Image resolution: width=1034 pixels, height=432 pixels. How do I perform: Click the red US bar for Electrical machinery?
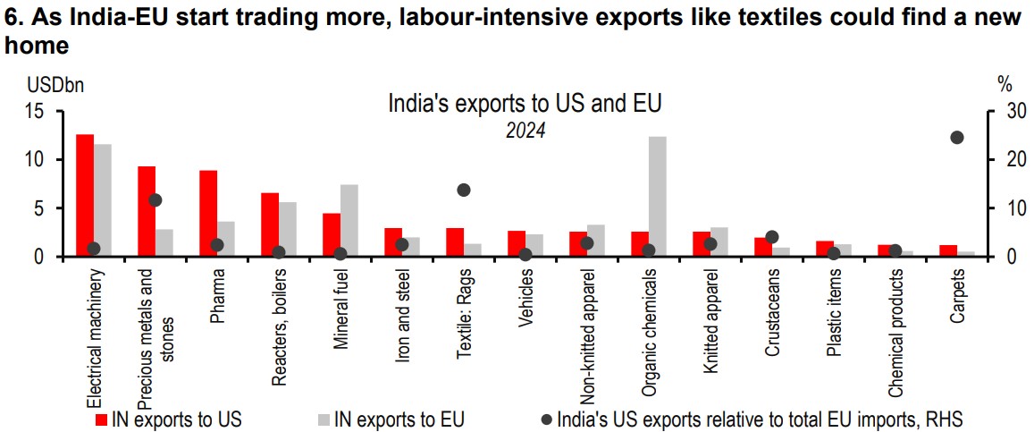(85, 195)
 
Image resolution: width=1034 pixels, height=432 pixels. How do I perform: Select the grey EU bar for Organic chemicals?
(658, 197)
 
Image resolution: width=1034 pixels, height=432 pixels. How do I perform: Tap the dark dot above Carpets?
(956, 138)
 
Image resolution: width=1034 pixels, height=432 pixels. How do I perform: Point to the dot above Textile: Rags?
(463, 190)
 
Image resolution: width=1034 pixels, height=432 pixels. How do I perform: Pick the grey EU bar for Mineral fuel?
(349, 221)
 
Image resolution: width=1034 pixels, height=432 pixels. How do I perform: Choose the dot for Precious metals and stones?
(155, 200)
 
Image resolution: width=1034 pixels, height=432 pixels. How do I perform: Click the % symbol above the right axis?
(1005, 86)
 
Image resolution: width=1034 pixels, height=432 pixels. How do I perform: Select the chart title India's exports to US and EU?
(525, 104)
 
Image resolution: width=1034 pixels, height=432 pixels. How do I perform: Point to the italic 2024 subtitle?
(525, 131)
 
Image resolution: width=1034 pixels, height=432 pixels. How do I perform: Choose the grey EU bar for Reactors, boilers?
(288, 229)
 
